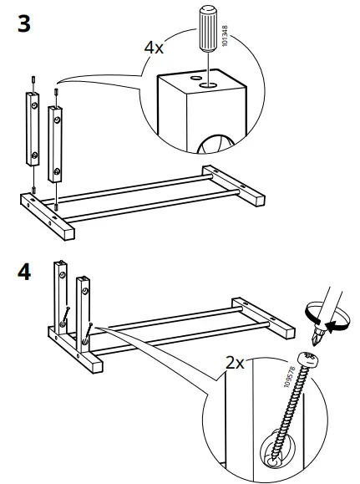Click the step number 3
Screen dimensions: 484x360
(x=24, y=23)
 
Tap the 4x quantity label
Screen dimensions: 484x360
(x=154, y=48)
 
